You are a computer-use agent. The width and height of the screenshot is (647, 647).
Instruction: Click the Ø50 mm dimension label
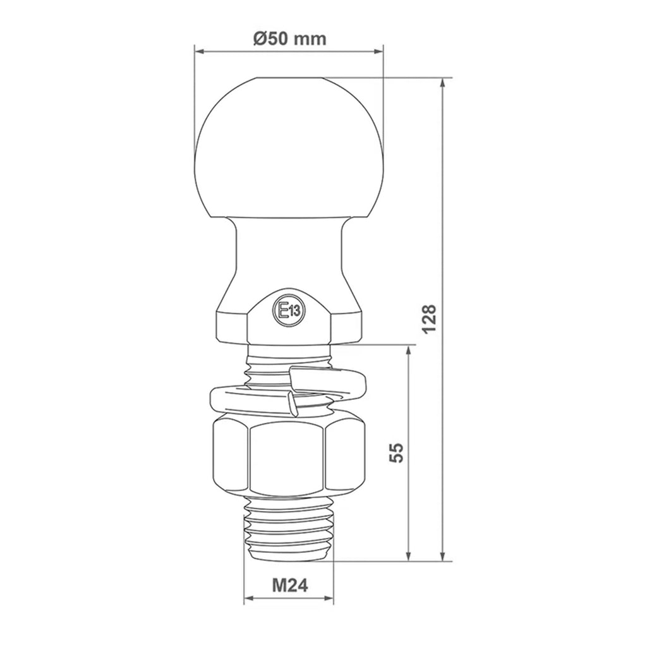point(289,39)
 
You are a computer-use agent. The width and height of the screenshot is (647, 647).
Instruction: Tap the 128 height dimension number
point(429,319)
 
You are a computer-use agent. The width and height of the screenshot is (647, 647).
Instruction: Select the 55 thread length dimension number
point(396,452)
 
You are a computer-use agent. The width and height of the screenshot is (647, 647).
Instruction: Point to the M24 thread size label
point(289,584)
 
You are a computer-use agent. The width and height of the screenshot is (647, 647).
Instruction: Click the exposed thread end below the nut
point(289,529)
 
